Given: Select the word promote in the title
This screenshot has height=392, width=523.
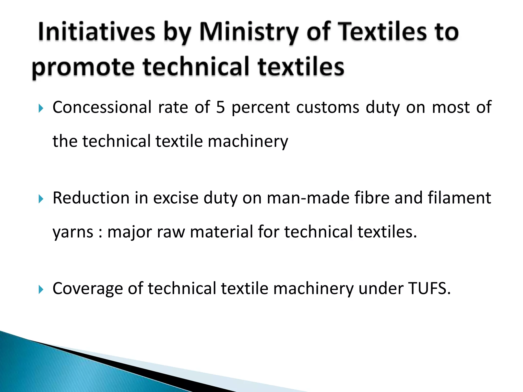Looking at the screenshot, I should [x=83, y=67].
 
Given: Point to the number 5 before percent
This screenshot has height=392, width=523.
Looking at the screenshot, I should [x=220, y=107].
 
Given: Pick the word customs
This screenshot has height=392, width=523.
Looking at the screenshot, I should [x=328, y=107].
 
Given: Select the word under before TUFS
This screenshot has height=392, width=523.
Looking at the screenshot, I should [x=381, y=288].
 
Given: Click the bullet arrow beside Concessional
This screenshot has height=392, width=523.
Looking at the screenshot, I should [x=41, y=108].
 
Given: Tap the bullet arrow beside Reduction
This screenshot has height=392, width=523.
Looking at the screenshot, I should [x=41, y=199].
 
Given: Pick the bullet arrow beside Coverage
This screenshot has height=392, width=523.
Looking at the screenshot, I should [x=41, y=290].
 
